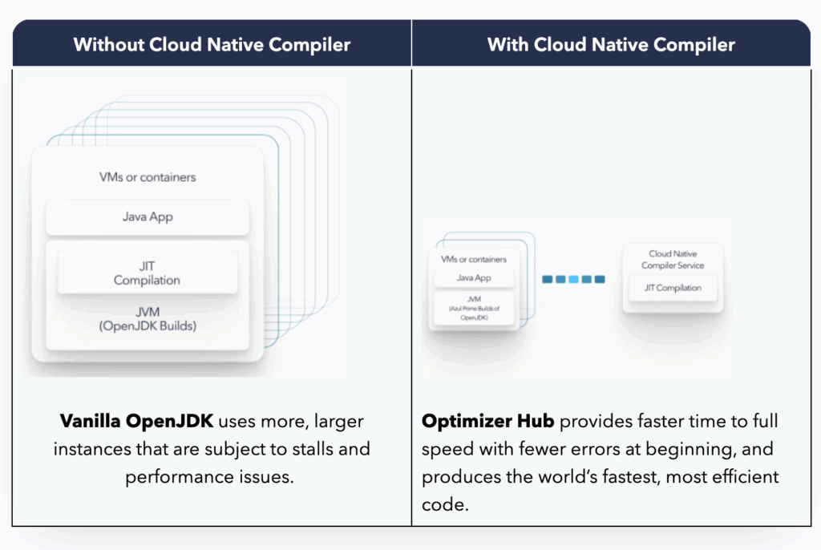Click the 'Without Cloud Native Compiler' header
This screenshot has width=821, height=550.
[x=212, y=44]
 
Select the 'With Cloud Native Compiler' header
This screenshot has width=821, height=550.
[x=611, y=44]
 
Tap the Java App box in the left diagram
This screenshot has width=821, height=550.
[x=148, y=216]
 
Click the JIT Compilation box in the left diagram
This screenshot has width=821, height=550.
[x=148, y=273]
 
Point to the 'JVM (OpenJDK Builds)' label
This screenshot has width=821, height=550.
[x=148, y=320]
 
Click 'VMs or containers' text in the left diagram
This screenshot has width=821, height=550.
[x=148, y=176]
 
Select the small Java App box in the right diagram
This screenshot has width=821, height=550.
[x=473, y=278]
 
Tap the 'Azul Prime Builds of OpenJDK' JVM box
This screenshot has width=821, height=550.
[x=473, y=308]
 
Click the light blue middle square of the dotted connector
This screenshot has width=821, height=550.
[x=573, y=279]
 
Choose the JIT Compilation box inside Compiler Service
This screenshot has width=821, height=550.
[x=673, y=288]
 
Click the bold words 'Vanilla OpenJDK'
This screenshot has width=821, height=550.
[x=137, y=422]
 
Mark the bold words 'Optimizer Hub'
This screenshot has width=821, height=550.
[x=487, y=422]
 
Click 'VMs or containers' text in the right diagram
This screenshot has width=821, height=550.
[x=474, y=259]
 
